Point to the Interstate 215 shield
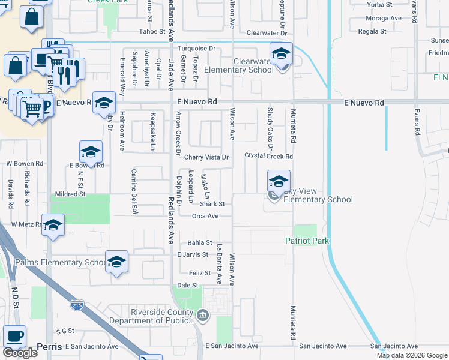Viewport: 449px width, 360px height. click(x=77, y=305)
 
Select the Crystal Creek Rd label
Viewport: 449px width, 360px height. click(x=268, y=156)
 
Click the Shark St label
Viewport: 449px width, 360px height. click(x=212, y=204)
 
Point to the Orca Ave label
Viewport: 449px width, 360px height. click(x=205, y=216)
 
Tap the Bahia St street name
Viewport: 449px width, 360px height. click(x=200, y=243)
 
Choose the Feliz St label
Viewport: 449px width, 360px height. click(x=199, y=273)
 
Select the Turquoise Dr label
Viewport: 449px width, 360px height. click(x=195, y=48)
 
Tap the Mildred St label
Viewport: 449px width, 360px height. click(x=70, y=194)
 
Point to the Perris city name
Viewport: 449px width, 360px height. click(x=49, y=347)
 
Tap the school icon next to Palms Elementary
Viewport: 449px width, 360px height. click(x=116, y=263)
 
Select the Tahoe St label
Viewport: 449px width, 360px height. click(x=152, y=31)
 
